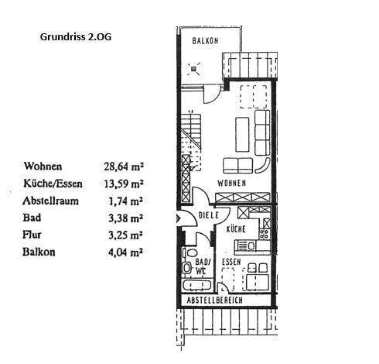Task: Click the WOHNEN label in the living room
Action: (231, 184)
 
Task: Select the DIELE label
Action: (209, 215)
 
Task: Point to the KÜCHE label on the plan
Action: (236, 230)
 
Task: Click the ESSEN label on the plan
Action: (230, 263)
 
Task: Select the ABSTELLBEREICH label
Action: (214, 300)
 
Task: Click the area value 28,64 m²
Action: (125, 166)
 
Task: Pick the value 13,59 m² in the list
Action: (125, 184)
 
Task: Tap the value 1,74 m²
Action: (127, 201)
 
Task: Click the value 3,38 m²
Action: (127, 218)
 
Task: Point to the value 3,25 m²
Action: (127, 235)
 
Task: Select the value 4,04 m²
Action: (127, 252)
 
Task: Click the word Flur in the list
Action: (33, 235)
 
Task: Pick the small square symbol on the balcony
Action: (193, 67)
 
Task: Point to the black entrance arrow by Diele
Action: (181, 220)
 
